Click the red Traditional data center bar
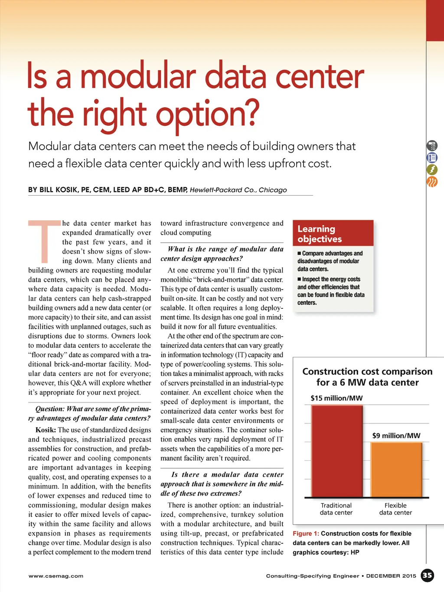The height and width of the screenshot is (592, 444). point(337,451)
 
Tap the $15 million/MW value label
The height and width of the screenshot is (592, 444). point(336,398)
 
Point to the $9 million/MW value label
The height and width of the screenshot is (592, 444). point(396,435)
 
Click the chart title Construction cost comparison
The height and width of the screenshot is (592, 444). point(367,372)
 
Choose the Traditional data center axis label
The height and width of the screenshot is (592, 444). point(336,509)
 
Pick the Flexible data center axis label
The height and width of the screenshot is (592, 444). point(395,509)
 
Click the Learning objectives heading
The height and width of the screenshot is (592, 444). point(320,234)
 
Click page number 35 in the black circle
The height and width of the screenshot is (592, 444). point(428,576)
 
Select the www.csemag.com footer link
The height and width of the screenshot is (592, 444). point(56,576)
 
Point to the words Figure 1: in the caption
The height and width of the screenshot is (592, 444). point(306,533)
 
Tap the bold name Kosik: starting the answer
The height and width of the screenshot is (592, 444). point(46,430)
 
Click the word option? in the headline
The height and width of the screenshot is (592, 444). point(207,114)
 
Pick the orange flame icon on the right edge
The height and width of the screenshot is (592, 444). point(432,182)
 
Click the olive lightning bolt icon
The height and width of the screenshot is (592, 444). point(432,170)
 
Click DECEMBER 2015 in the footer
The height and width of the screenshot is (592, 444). point(391,576)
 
